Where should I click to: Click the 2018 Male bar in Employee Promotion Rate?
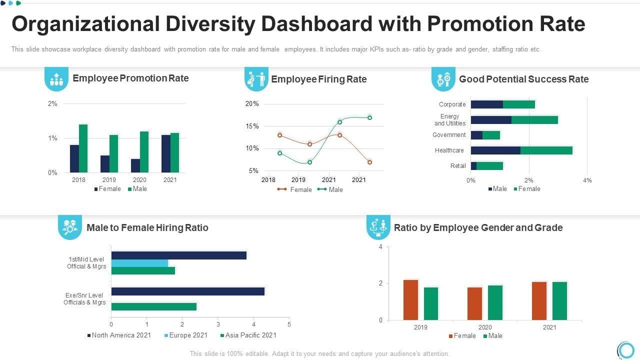(x=83, y=148)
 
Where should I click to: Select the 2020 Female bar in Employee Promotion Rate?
(x=135, y=165)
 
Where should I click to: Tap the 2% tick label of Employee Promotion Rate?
(x=52, y=104)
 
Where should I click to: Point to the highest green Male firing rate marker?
(x=369, y=117)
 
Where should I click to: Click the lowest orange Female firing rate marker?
(x=369, y=162)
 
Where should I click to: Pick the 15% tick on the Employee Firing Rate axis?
(x=252, y=126)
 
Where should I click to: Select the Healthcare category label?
(x=449, y=150)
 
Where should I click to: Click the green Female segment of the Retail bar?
(x=489, y=166)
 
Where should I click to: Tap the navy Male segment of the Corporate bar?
(x=486, y=104)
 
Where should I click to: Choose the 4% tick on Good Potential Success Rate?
(x=587, y=180)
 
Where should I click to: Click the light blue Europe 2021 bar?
(x=139, y=263)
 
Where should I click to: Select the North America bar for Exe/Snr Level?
(x=187, y=291)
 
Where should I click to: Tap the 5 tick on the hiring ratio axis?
(x=289, y=324)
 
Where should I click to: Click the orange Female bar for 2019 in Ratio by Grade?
(x=410, y=300)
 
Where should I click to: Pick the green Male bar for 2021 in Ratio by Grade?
(x=559, y=301)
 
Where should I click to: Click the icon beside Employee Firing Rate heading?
(x=256, y=79)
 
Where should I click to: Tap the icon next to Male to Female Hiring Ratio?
(x=70, y=227)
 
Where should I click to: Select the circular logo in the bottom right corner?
(x=625, y=349)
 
